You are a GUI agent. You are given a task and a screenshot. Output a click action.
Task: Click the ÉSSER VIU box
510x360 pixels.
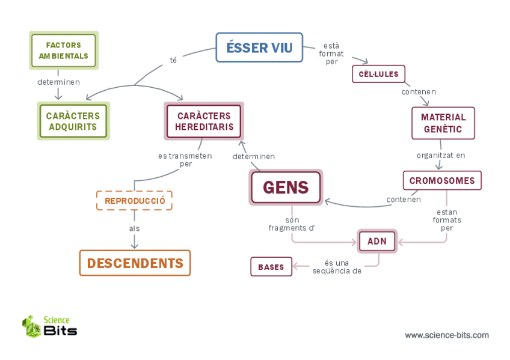tap(259, 48)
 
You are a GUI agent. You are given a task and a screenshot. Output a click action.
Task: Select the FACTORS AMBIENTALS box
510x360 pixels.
tap(63, 50)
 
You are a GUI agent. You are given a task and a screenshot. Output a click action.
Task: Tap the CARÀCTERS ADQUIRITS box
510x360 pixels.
tap(73, 121)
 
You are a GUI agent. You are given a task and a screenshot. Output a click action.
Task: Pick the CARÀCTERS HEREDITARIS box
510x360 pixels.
tap(204, 121)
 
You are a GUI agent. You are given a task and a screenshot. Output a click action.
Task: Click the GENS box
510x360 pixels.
tap(286, 188)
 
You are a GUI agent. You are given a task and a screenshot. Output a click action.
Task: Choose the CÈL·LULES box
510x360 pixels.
tap(378, 74)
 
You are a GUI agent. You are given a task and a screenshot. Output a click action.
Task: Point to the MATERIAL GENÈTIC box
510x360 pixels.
tap(443, 123)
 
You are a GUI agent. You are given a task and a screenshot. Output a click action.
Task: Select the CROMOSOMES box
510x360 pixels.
tap(442, 180)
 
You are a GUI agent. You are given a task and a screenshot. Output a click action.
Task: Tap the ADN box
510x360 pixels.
tap(377, 242)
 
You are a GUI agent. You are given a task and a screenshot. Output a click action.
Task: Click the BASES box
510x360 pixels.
tap(271, 267)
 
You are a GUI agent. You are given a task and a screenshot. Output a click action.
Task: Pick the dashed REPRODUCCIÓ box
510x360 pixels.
tap(134, 201)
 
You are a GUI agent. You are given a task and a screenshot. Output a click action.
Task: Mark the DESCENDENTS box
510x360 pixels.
tap(135, 263)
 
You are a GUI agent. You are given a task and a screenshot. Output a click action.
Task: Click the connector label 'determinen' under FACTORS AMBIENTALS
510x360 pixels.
tap(58, 82)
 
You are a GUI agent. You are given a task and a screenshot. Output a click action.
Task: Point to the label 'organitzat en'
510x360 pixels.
tap(441, 155)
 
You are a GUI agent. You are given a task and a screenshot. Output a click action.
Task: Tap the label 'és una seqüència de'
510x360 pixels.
tap(337, 267)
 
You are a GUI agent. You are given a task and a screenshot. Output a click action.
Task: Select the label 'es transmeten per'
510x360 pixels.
tap(185, 159)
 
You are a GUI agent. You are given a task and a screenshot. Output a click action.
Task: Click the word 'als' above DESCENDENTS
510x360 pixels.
tap(134, 228)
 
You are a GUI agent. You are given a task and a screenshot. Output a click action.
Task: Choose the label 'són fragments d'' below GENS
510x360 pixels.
tap(292, 224)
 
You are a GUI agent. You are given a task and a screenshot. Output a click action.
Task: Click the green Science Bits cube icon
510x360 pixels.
tap(31, 326)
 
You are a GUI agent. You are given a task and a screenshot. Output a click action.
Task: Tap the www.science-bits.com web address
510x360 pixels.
tap(446, 335)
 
